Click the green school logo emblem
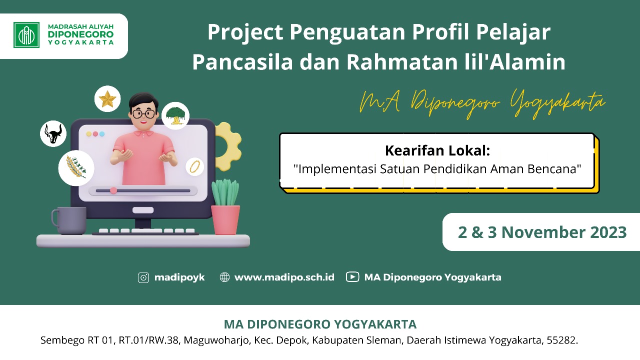[x=26, y=35]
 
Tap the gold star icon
[x=107, y=99]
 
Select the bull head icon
[x=53, y=133]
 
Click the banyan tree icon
[x=175, y=115]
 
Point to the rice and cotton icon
[x=76, y=167]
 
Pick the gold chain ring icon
[x=194, y=166]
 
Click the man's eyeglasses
[x=143, y=114]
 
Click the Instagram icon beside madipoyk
[x=143, y=277]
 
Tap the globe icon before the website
[x=224, y=277]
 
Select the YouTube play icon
[x=352, y=277]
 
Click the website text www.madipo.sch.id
[x=284, y=277]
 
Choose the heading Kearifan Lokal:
[x=437, y=150]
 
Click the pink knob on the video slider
[x=113, y=190]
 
